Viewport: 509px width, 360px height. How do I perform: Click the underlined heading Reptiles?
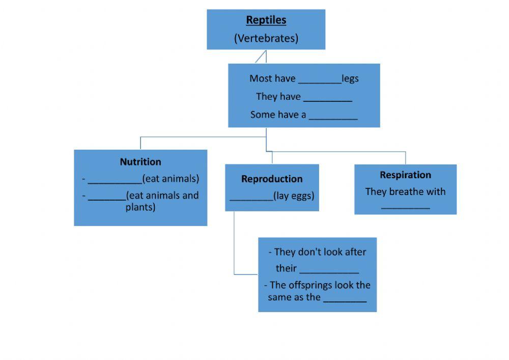pos(266,20)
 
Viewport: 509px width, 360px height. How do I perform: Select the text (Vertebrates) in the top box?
pos(266,38)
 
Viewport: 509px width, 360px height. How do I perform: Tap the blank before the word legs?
pos(320,79)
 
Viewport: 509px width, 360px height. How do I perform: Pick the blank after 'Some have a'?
pos(333,115)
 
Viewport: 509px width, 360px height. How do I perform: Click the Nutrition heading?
pos(140,162)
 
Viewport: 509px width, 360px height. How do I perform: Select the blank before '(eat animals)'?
pos(115,179)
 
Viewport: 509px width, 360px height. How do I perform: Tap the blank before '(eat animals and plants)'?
pos(107,196)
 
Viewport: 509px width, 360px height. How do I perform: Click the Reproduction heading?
pos(272,179)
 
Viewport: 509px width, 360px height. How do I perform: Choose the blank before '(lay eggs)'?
pos(251,197)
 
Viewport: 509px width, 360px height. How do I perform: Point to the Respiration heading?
pos(405,175)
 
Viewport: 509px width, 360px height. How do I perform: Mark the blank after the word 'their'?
pos(329,269)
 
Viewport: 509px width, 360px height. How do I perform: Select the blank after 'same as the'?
pos(345,298)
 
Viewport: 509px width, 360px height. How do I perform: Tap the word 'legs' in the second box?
pos(350,78)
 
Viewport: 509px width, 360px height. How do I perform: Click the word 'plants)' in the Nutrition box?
pos(140,207)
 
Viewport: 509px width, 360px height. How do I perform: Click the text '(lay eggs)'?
pos(294,196)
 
